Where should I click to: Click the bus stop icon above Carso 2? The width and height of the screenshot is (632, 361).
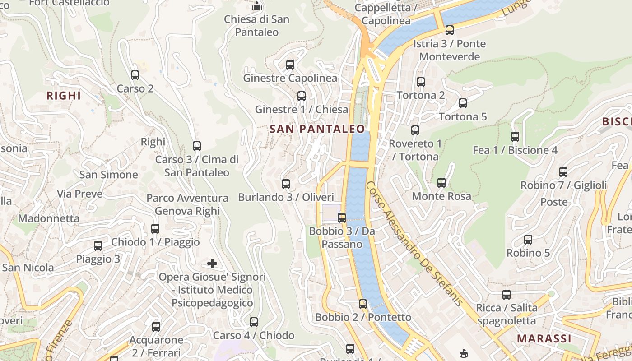[135, 75]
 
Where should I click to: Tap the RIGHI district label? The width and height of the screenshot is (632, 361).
[64, 96]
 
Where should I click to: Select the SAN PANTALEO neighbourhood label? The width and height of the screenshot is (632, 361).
[317, 129]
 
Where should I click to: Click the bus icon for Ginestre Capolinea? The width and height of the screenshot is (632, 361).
[290, 65]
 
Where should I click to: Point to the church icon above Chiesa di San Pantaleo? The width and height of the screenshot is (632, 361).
[257, 6]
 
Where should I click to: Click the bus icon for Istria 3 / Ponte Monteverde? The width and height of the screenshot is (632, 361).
[449, 30]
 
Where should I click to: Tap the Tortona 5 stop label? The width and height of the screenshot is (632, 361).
[463, 117]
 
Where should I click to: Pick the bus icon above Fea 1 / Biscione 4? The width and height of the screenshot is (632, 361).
[515, 136]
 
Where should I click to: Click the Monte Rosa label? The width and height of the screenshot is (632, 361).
[441, 196]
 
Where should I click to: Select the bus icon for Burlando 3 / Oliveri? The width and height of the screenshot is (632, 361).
[285, 184]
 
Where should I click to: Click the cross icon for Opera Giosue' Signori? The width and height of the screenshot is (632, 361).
[212, 263]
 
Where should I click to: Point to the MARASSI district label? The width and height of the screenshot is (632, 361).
[544, 338]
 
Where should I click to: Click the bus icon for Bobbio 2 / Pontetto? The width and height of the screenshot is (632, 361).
[362, 304]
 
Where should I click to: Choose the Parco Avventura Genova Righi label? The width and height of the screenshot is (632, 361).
[187, 204]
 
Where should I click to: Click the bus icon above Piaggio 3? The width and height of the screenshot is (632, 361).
[98, 245]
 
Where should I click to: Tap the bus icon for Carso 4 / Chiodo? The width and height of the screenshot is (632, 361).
[254, 322]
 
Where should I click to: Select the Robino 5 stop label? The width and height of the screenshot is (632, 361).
[528, 253]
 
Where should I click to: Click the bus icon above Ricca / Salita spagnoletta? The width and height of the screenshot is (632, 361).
[507, 294]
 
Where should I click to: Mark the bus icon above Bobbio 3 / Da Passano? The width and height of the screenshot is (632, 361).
[342, 218]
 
